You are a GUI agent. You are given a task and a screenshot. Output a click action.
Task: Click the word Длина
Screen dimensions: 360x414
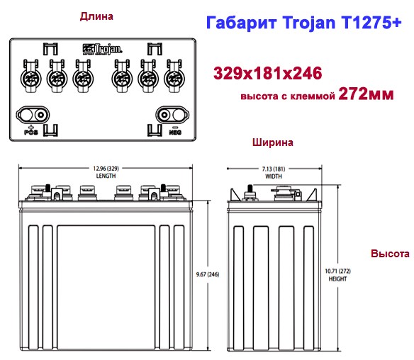coord(97,15)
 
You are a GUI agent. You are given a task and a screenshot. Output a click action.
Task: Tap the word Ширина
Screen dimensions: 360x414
coord(273,142)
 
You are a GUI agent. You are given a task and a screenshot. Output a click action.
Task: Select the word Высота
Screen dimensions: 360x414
coord(389,253)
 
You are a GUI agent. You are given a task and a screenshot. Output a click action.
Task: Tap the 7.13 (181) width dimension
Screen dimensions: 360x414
coord(273,168)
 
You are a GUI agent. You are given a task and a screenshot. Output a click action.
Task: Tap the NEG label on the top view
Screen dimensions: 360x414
coord(175,131)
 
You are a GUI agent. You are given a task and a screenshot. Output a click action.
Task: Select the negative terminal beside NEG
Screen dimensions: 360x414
coord(171,114)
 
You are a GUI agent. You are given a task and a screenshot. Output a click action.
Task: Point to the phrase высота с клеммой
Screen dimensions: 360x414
coord(287,96)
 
